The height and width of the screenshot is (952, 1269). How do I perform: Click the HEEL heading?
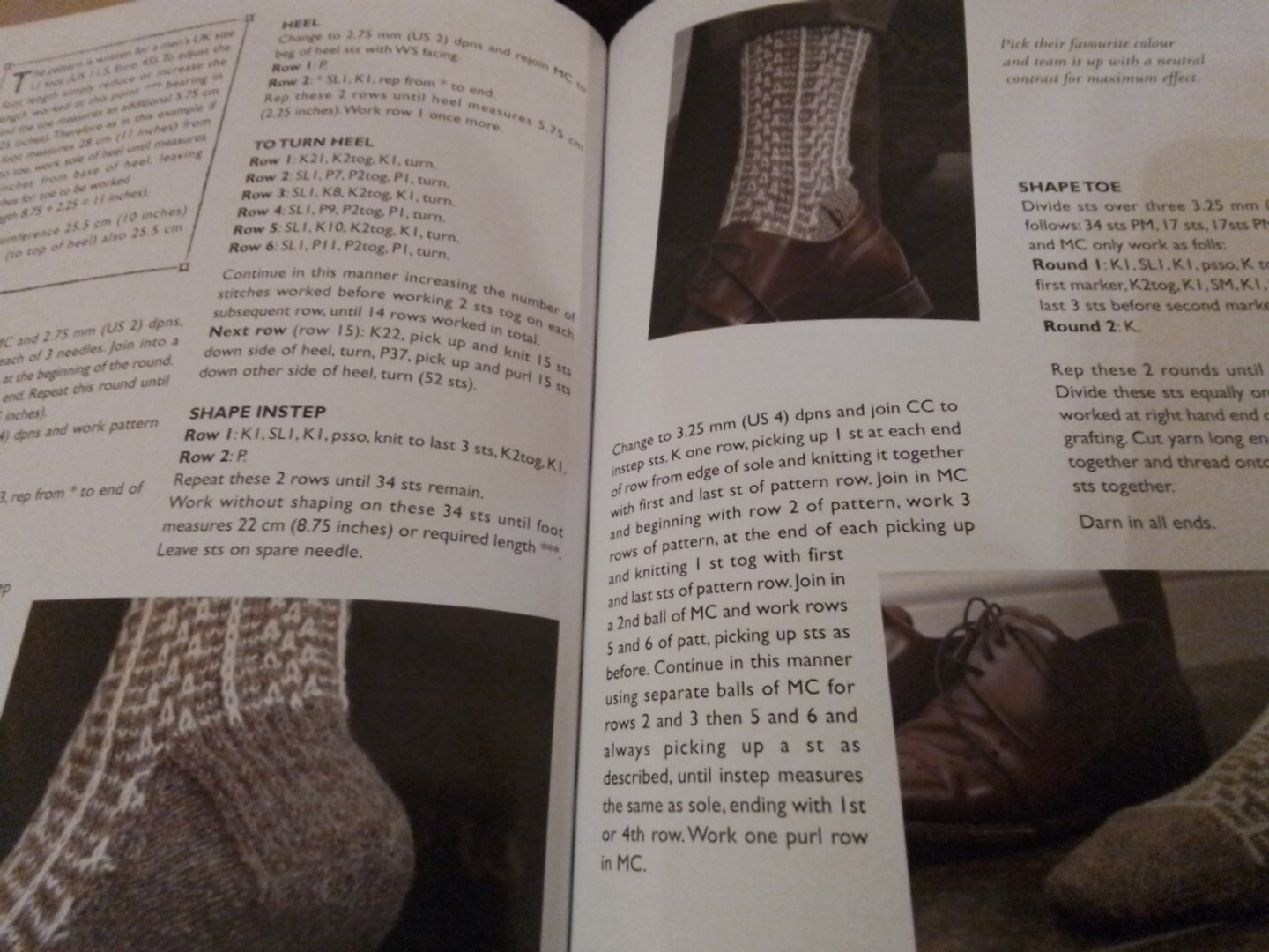pos(301,24)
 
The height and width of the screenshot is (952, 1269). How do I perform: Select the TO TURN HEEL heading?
pos(313,142)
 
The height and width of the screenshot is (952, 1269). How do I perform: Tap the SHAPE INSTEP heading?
pos(257,413)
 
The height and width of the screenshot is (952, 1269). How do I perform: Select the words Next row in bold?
pos(248,331)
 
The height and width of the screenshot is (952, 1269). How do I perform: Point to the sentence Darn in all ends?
pos(1147,522)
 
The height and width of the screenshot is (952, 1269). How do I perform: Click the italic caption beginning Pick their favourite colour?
pos(1102,61)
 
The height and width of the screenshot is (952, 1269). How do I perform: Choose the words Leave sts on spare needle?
pos(259,550)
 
